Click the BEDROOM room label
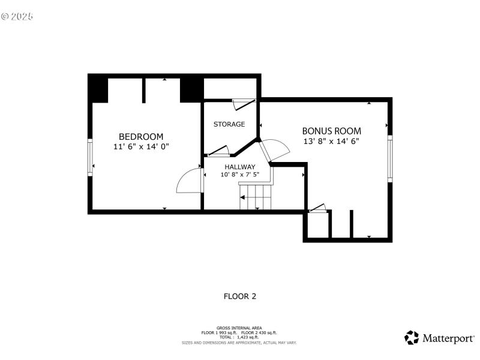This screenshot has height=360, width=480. [140, 137]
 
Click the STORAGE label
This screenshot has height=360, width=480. [229, 124]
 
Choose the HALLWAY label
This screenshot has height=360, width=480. [240, 167]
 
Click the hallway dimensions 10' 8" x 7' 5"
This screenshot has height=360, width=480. [240, 175]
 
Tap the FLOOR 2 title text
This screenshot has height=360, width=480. [240, 296]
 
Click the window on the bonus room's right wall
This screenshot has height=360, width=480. [389, 157]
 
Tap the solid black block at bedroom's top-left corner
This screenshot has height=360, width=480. [98, 89]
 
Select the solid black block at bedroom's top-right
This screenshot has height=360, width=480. [191, 89]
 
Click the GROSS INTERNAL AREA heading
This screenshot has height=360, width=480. [239, 328]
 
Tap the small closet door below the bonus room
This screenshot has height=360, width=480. [317, 209]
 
